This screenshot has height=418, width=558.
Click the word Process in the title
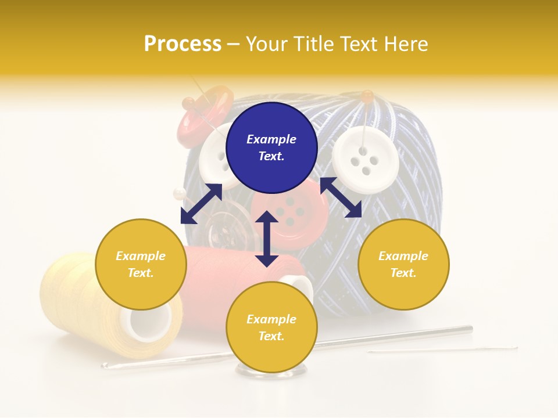183,44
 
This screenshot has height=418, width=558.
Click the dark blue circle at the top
271,148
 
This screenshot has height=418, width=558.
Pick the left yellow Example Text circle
141,264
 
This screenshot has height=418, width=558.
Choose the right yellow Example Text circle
403,264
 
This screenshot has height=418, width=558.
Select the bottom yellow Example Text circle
271,327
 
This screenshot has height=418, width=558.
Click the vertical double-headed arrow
267,239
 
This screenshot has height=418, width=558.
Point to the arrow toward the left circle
201,204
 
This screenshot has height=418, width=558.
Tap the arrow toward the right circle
341,197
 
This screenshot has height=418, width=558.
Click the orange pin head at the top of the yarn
367,95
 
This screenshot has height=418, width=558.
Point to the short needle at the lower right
442,350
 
